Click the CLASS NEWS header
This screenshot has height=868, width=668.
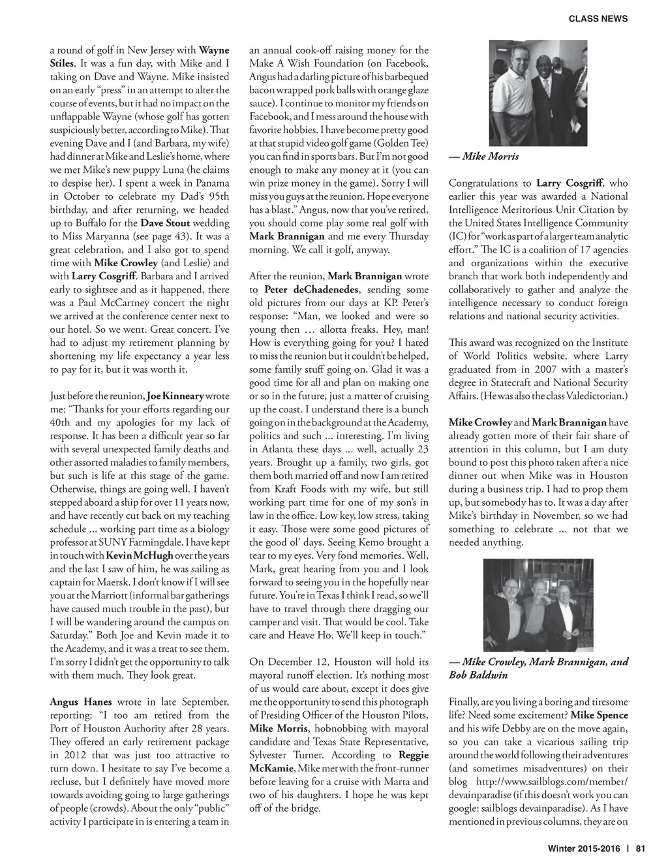[x=598, y=19]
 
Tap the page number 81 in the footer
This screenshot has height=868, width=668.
[x=640, y=849]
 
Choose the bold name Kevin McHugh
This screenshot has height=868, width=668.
[x=139, y=555]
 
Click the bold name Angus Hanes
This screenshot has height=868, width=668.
[x=81, y=702]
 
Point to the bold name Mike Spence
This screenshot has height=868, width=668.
[x=599, y=715]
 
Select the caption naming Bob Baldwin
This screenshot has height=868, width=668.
[x=538, y=668]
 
